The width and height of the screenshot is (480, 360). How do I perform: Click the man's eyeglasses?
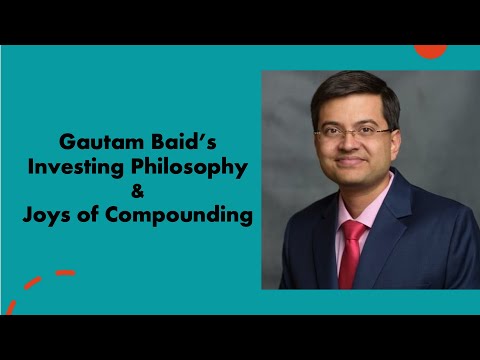(x=352, y=131)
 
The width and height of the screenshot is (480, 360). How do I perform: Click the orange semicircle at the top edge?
(x=430, y=49)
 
